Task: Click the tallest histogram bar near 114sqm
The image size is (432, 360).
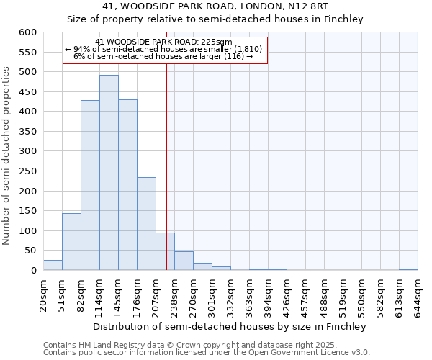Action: coord(109,173)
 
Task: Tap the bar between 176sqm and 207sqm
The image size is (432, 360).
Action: coord(146,224)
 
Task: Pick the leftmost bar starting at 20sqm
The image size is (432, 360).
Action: coord(53,265)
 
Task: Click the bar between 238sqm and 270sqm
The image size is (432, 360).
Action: coord(184,261)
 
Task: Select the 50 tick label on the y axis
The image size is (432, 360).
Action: coord(30,251)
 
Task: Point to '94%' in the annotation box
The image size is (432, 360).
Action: coord(81,49)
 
